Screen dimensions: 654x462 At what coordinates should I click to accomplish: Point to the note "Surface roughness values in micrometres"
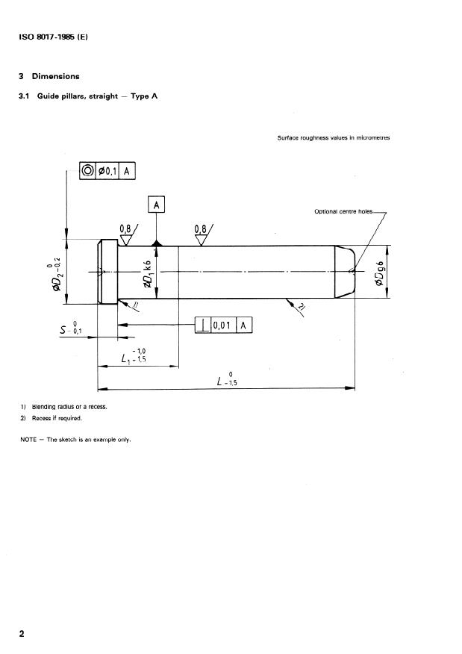tap(333, 138)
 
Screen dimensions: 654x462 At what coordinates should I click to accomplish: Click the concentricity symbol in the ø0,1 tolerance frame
tap(87, 171)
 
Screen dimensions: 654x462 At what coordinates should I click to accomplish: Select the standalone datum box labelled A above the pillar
tap(156, 204)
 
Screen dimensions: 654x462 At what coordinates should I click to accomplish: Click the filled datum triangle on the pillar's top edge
tap(156, 243)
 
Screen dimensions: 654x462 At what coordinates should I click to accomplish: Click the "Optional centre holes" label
tap(343, 212)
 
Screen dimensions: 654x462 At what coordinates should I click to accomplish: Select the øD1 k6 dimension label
tap(147, 273)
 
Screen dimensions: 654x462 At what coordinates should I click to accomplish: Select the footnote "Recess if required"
tap(61, 418)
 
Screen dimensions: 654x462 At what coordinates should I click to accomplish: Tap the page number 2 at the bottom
tap(22, 634)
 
